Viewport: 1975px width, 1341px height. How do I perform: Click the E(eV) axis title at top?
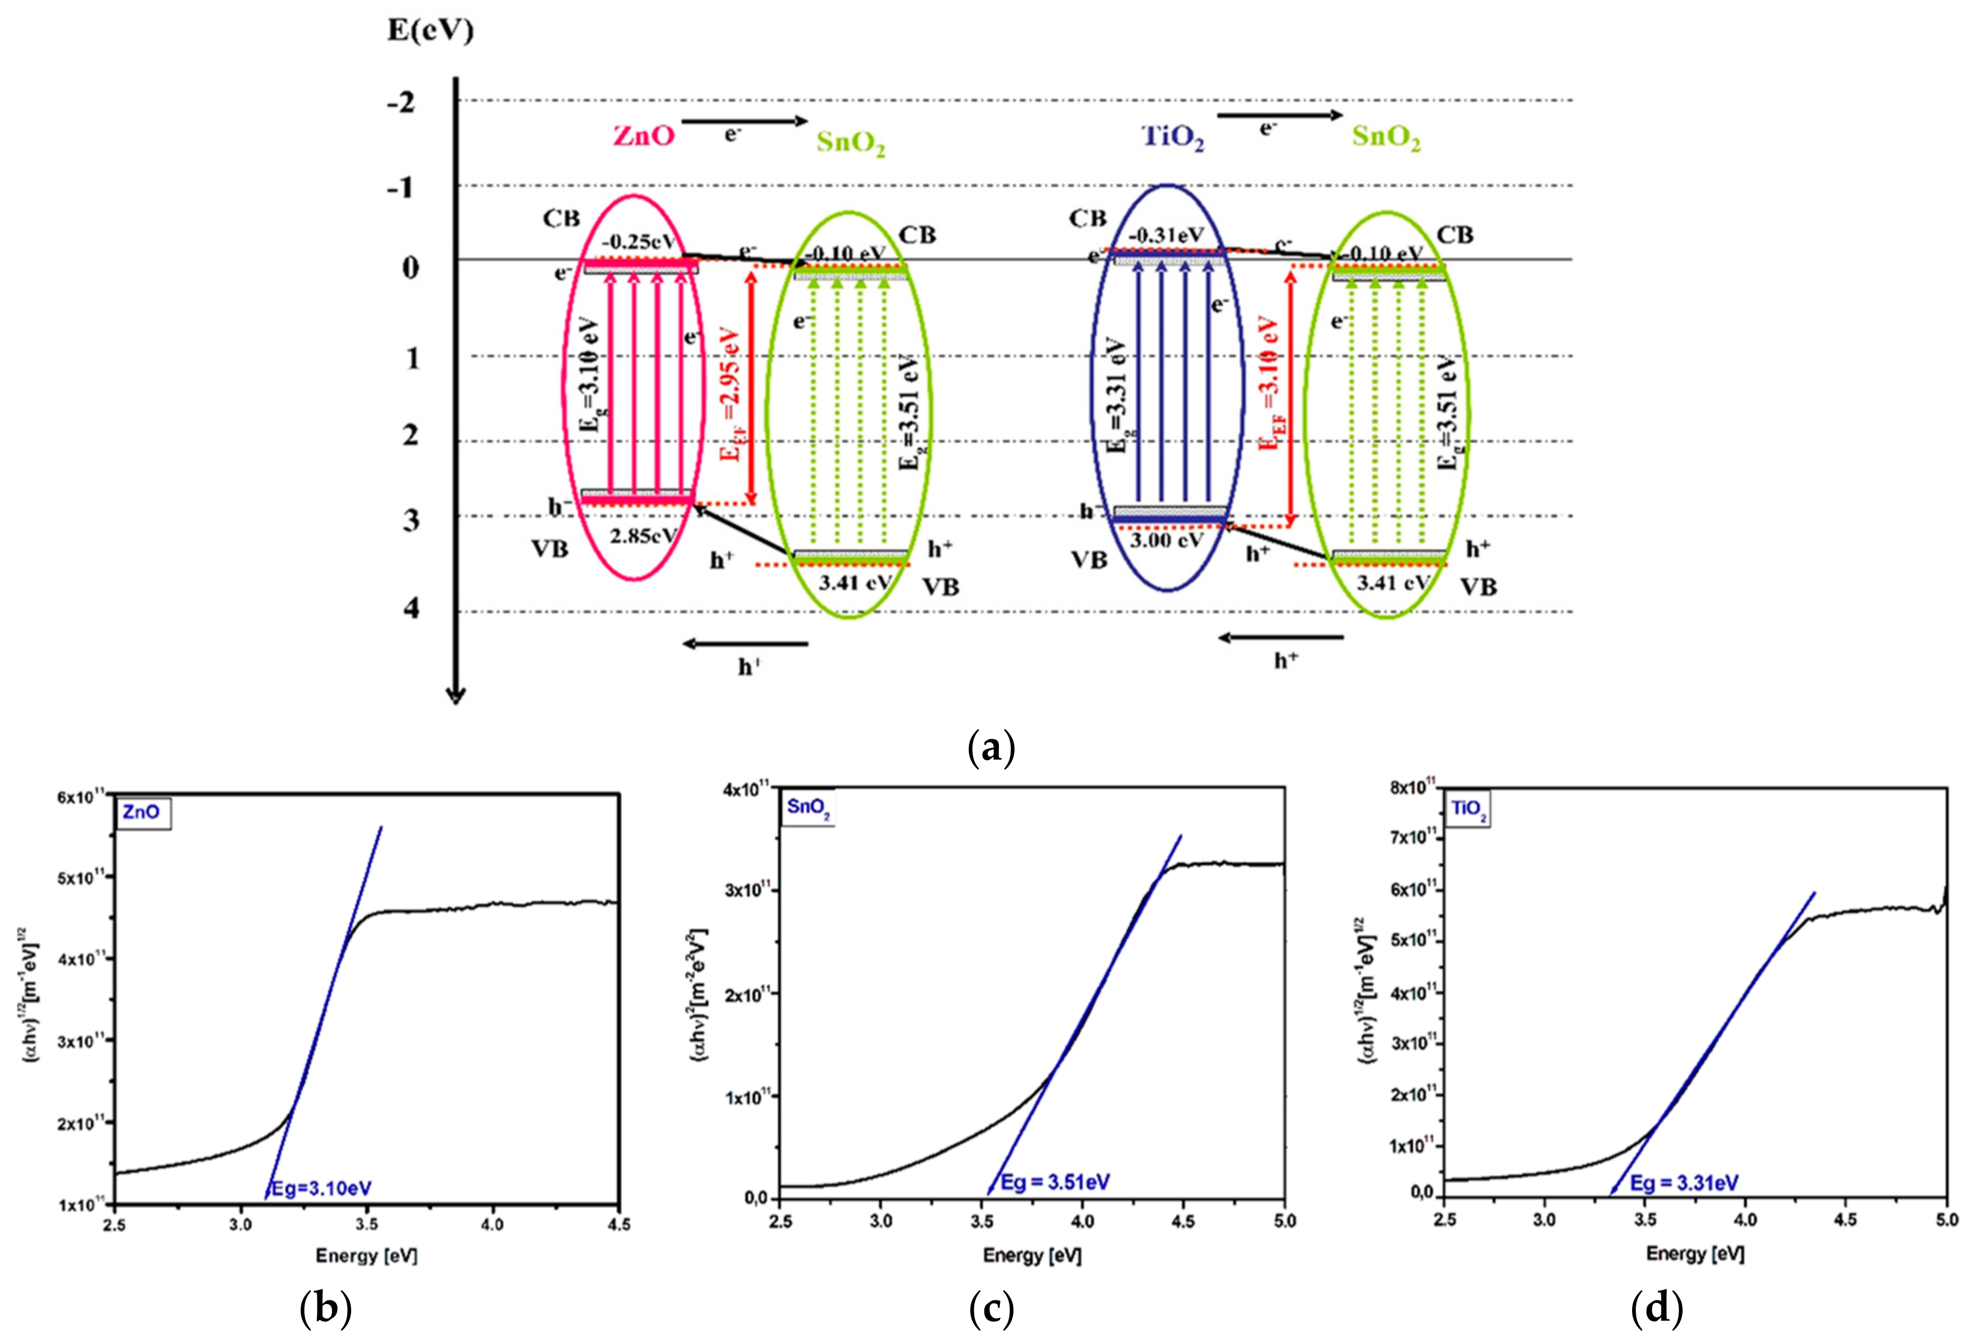[430, 31]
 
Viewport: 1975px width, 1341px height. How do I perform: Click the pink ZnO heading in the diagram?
[644, 136]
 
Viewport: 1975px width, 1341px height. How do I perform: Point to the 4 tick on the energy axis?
[411, 607]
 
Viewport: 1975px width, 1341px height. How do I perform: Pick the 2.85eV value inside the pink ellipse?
[644, 536]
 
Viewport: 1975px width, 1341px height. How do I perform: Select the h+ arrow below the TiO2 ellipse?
[1281, 637]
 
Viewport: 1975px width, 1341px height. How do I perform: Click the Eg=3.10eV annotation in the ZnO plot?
[320, 1188]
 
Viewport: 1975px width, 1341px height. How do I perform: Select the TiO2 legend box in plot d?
[1468, 809]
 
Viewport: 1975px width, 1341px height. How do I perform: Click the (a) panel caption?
[991, 748]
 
